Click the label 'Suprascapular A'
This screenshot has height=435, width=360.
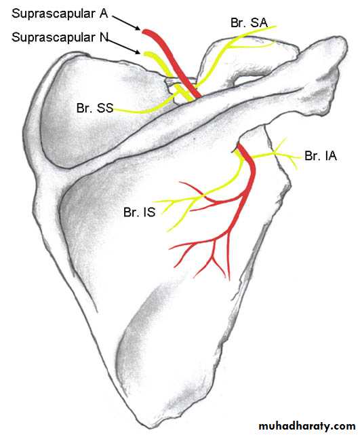(60, 14)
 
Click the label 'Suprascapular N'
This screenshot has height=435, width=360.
(60, 37)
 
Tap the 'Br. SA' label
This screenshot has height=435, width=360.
(249, 23)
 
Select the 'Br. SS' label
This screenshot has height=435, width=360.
(95, 108)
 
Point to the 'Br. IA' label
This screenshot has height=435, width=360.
(321, 156)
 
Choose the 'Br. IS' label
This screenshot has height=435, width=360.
(139, 212)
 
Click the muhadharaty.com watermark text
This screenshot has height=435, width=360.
(307, 426)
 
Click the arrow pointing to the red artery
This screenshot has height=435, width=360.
(126, 22)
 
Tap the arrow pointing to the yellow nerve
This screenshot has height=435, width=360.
(123, 46)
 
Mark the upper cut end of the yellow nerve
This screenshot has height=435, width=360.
(146, 54)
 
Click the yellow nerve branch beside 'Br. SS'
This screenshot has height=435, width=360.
(144, 110)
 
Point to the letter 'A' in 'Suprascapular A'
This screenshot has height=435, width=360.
(104, 13)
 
